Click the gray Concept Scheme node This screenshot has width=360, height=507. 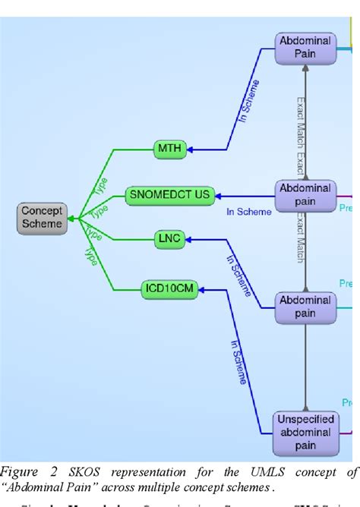[41, 218]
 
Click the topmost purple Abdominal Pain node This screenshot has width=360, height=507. [304, 48]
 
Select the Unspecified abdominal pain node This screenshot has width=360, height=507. [304, 431]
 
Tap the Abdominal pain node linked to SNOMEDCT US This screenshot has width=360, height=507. [304, 195]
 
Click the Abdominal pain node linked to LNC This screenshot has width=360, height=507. [304, 306]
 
